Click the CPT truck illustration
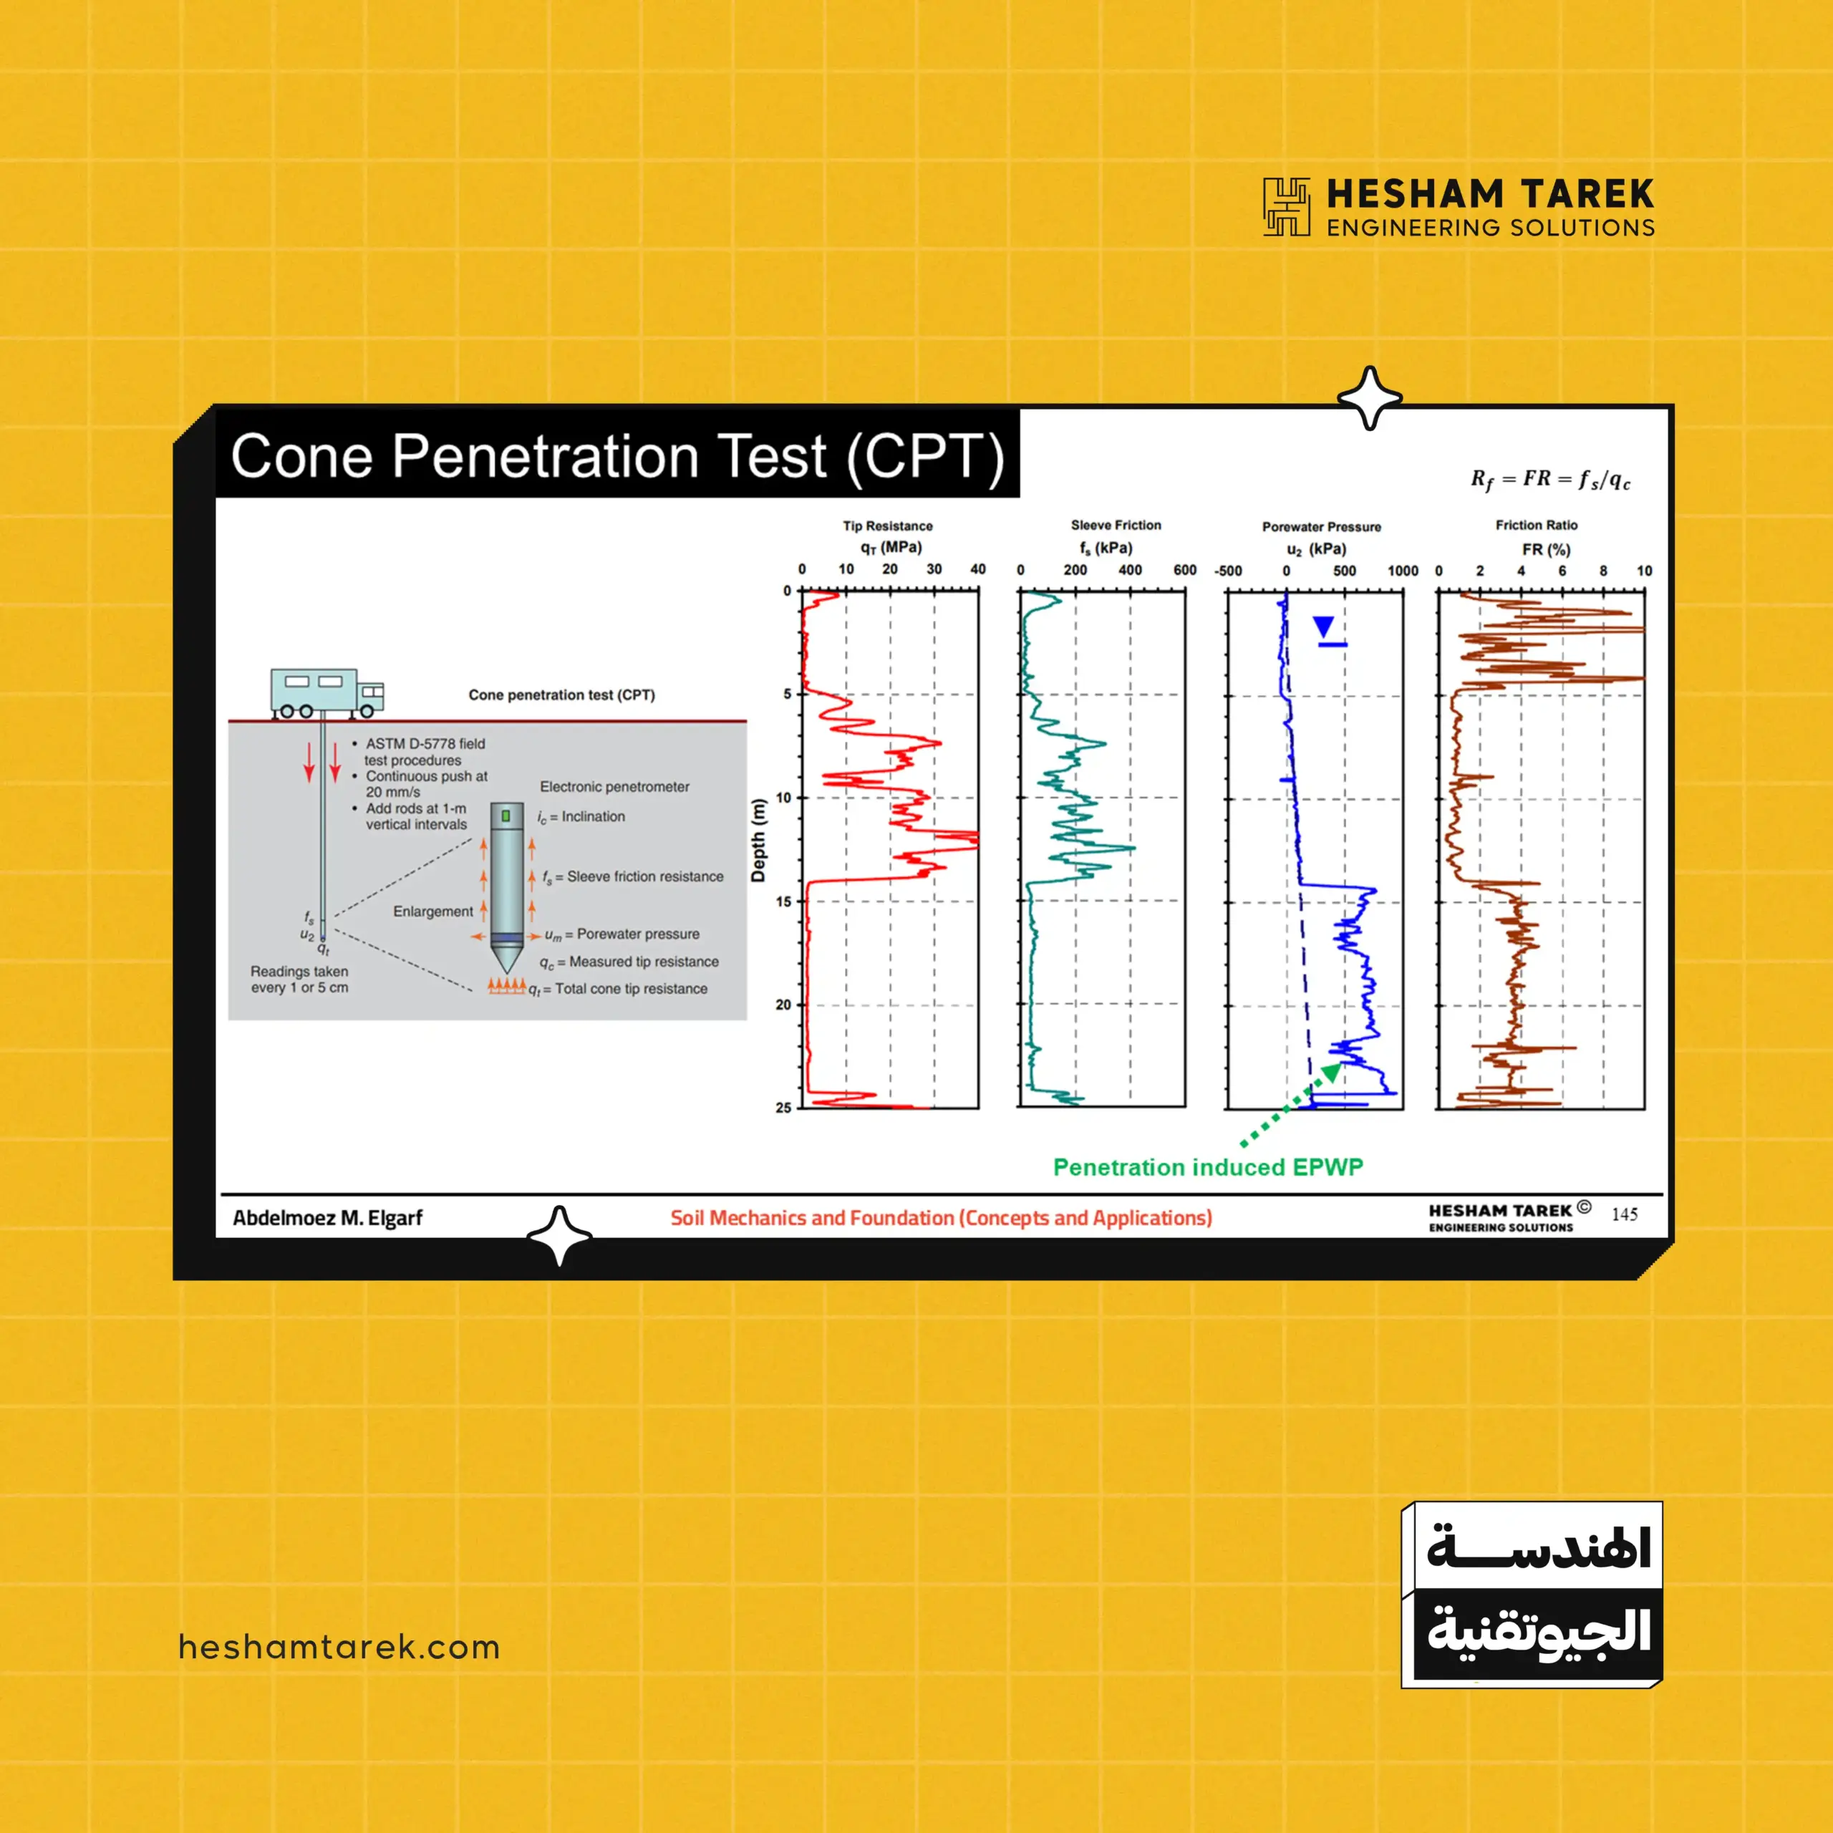point(327,692)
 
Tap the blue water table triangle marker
point(1323,627)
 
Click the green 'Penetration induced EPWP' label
point(1208,1167)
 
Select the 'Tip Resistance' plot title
point(887,526)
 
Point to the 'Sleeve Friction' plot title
point(1116,525)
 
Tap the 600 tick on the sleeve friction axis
point(1185,570)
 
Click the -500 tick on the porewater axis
point(1229,571)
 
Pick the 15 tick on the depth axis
point(783,901)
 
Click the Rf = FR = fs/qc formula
point(1551,480)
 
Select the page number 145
point(1624,1214)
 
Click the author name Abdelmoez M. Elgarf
point(327,1218)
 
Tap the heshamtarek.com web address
point(339,1647)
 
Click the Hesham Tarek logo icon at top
point(1287,206)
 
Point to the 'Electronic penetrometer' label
point(615,786)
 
